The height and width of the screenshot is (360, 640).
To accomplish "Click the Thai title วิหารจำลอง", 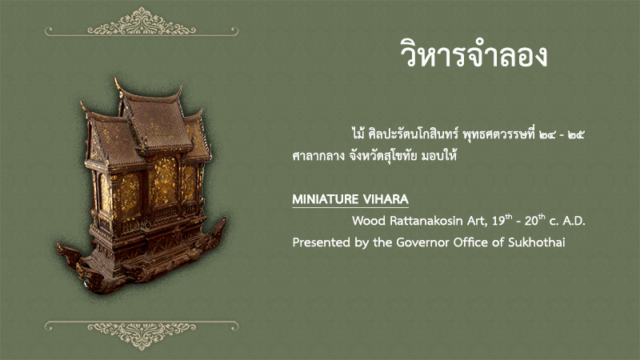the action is (x=474, y=54).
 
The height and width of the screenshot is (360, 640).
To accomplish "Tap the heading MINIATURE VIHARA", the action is (x=350, y=199).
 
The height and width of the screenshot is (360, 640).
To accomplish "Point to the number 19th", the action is (x=502, y=221).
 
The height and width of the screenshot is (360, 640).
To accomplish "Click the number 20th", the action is (x=534, y=221).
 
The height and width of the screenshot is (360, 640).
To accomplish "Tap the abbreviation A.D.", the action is (x=574, y=221).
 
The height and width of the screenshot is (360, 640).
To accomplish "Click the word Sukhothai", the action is (x=536, y=242).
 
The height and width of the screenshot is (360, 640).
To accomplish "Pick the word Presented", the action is (x=322, y=242).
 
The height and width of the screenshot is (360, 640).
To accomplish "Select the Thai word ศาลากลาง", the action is (x=318, y=155).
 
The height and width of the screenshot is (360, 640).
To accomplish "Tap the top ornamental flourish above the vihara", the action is (x=142, y=22).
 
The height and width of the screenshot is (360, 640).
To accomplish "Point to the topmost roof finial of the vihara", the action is (x=118, y=83).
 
